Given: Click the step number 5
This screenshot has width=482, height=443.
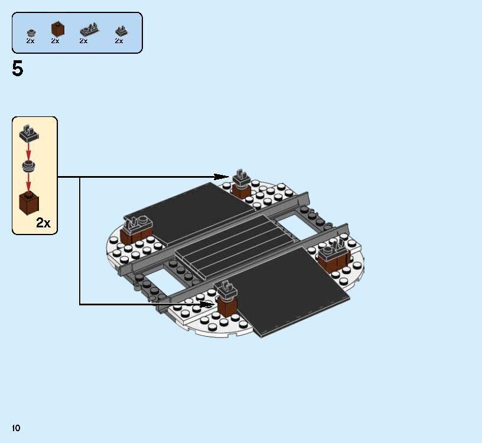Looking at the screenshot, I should [x=18, y=70].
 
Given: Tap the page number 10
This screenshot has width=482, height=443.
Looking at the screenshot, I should [x=16, y=428].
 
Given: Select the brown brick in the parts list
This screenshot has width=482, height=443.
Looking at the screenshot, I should [x=57, y=29].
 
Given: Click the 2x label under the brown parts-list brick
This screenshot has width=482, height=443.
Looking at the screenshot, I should [x=55, y=41].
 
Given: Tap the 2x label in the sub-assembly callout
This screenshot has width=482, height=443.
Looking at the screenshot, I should [x=43, y=223].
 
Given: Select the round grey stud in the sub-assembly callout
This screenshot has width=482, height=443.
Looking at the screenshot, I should [x=27, y=165].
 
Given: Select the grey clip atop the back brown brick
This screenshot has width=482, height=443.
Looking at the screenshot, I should [x=240, y=177].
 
